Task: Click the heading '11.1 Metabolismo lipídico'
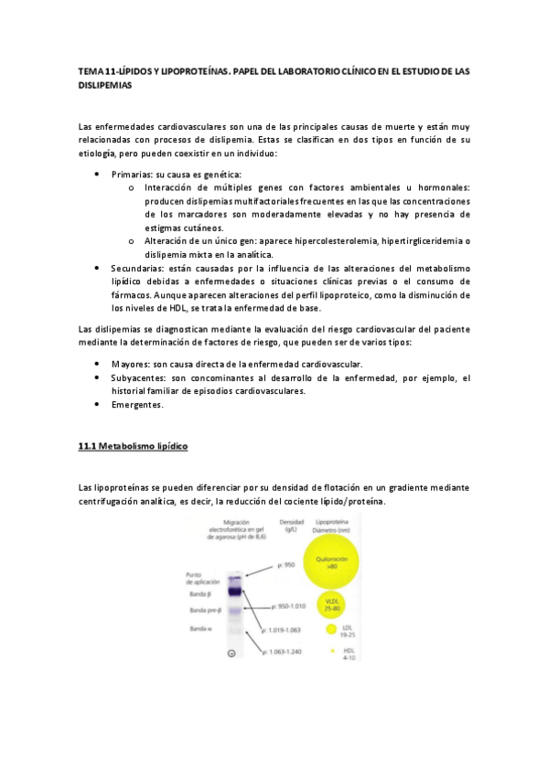point(133,446)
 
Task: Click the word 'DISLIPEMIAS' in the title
point(105,85)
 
